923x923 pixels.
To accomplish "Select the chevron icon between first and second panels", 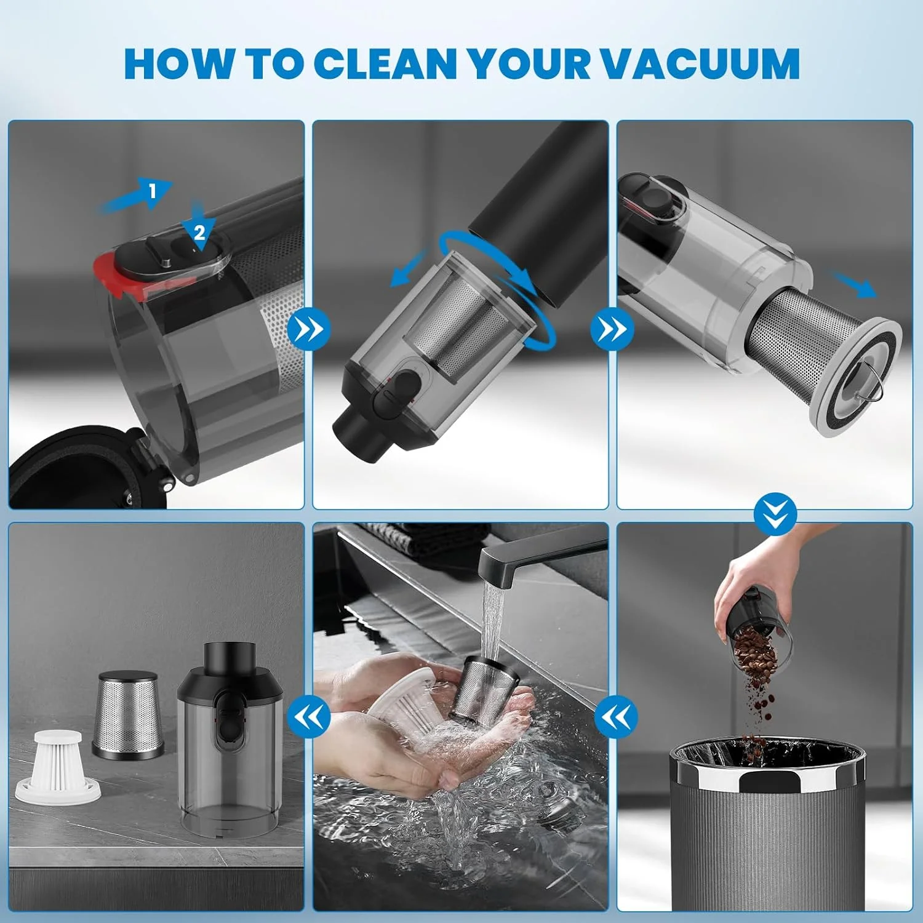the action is coord(309,329).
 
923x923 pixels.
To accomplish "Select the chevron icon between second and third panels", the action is coord(612,329).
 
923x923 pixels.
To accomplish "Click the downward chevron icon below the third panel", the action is coord(775,514).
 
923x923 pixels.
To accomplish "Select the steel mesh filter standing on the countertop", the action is coord(128,714).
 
